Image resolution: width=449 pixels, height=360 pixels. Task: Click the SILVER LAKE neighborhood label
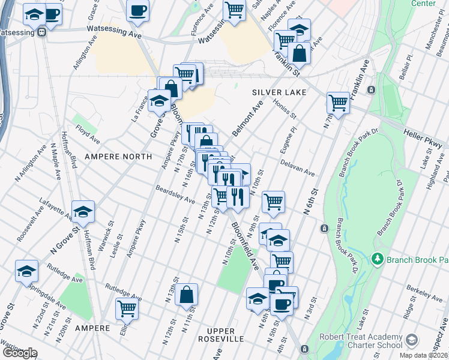coord(279,92)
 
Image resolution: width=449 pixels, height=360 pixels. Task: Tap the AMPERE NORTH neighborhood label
coord(118,156)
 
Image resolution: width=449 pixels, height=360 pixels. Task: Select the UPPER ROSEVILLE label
coord(225,339)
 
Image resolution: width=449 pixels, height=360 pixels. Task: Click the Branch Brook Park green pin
coord(377,259)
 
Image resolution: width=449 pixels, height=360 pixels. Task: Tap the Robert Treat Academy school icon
coord(412,340)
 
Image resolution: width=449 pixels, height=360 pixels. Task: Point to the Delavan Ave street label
coord(297,167)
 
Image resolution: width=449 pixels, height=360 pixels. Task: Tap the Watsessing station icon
coord(41,33)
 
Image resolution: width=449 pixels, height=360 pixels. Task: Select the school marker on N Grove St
coord(83,211)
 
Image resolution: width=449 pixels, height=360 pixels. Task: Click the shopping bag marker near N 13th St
coord(187,294)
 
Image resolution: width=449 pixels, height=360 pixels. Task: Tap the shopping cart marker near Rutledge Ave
coord(127,308)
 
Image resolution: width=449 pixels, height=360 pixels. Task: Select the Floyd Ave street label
coord(86,133)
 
